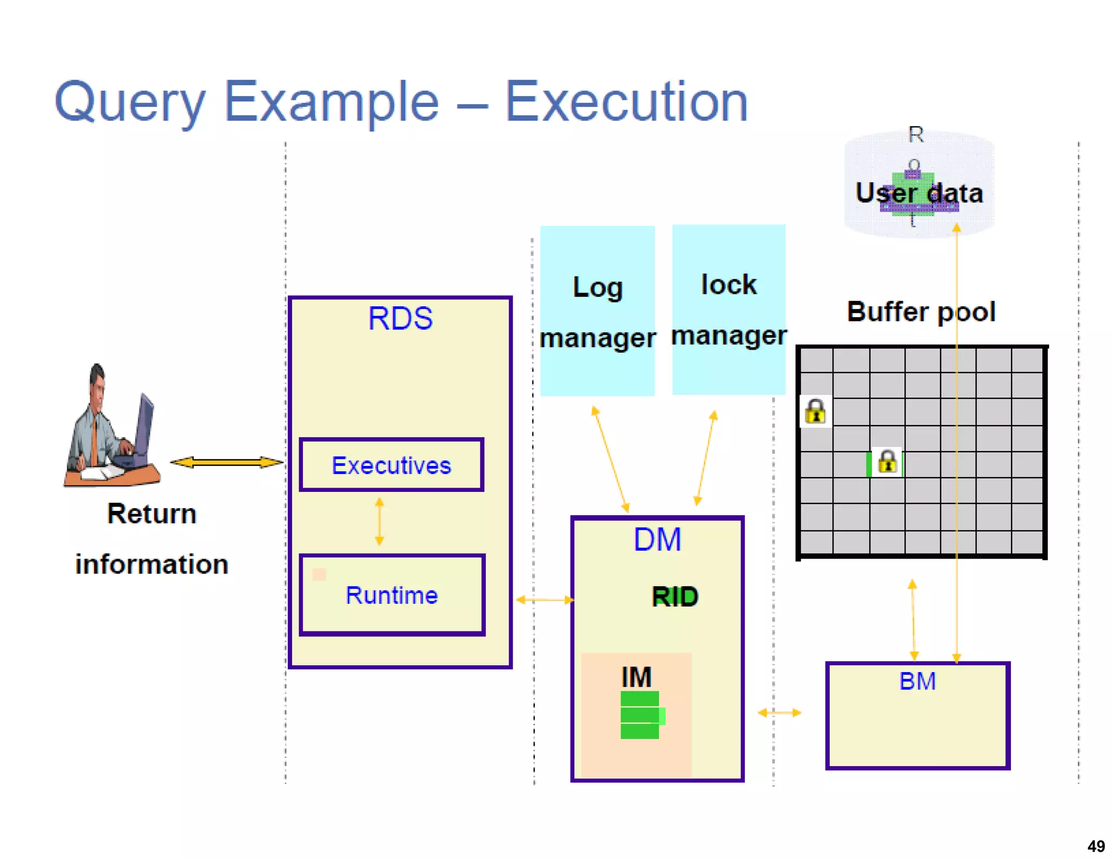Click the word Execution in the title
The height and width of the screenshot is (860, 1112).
coord(627,102)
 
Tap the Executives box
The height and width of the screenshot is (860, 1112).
coord(391,465)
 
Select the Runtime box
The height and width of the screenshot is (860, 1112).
coord(391,595)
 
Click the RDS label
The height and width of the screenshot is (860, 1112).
coord(400,319)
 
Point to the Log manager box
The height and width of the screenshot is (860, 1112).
coord(597,311)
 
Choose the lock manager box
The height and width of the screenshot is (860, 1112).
coord(729,309)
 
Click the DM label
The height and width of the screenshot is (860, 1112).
coord(657,540)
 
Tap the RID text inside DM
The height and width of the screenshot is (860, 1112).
coord(675,597)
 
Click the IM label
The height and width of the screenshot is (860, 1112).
coord(636,677)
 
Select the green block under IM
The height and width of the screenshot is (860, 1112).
coord(641,714)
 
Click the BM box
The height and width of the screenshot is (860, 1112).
coord(918,715)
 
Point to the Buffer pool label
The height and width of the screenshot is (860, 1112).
coord(921,312)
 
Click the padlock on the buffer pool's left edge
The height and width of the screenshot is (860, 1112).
coord(816,412)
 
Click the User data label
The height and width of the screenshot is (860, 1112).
coord(919,193)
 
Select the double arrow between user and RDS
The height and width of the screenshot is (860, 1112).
coord(227,462)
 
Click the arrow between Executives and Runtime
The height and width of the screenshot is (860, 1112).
coord(380,521)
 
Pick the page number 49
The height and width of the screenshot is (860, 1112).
coord(1096,846)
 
